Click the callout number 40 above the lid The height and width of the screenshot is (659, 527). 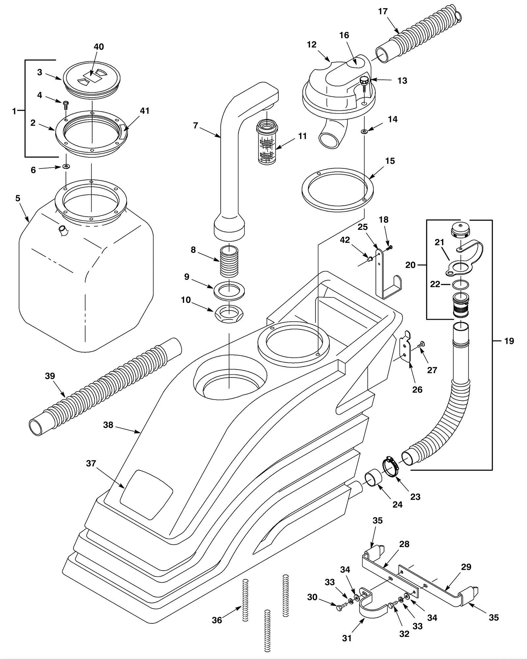pos(99,47)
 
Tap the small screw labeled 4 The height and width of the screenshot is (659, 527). pos(65,105)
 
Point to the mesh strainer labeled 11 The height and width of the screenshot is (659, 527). pos(267,143)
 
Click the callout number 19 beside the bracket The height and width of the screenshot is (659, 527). pos(509,341)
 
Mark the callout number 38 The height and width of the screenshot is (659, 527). pos(108,425)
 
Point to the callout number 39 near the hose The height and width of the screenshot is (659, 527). pos(50,376)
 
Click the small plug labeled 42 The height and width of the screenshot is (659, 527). pos(370,259)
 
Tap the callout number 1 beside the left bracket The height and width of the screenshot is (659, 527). pos(14,111)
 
